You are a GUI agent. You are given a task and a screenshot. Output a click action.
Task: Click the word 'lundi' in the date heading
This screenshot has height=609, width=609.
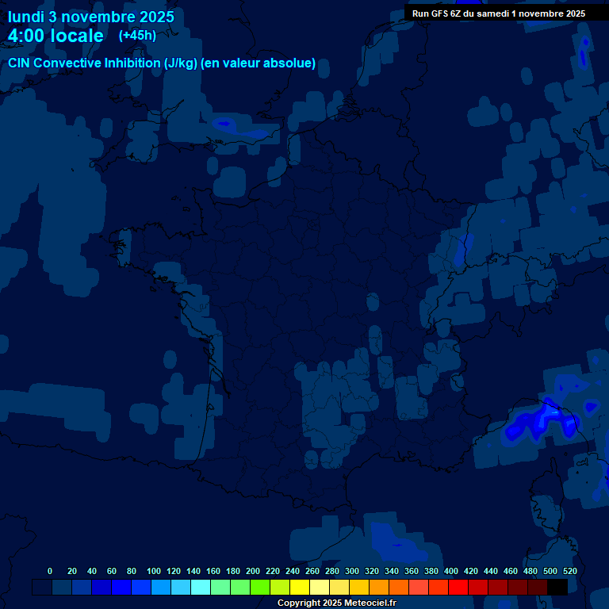point(26,17)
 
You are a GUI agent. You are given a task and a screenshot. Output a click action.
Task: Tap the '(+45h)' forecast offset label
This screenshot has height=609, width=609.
point(137,35)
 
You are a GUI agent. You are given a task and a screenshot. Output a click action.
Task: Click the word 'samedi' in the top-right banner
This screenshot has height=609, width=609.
point(499,13)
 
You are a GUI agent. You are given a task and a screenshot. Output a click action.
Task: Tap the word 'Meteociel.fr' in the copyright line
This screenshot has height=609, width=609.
point(366,603)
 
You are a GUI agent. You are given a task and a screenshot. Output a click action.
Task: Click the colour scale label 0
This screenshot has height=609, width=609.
point(50,571)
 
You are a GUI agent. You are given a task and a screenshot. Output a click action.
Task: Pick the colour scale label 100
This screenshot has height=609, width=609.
point(153,571)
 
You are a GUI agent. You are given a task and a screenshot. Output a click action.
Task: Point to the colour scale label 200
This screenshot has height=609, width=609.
point(253,571)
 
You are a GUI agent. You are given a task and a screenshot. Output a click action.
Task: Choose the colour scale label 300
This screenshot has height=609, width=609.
point(352,571)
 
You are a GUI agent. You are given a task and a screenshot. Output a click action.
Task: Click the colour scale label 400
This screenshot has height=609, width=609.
point(451,571)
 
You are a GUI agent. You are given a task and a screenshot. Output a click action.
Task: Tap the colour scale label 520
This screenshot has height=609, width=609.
point(569,571)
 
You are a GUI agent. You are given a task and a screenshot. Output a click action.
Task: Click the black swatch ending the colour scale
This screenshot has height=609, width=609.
point(557,587)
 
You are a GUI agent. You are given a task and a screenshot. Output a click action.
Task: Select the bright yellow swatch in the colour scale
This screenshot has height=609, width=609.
point(300,587)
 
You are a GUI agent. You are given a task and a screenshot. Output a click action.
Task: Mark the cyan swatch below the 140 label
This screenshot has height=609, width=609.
point(201,587)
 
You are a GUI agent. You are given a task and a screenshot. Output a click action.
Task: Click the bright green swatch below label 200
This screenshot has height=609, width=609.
point(260,587)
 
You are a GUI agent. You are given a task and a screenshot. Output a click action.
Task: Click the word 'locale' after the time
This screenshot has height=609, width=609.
point(77,36)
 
